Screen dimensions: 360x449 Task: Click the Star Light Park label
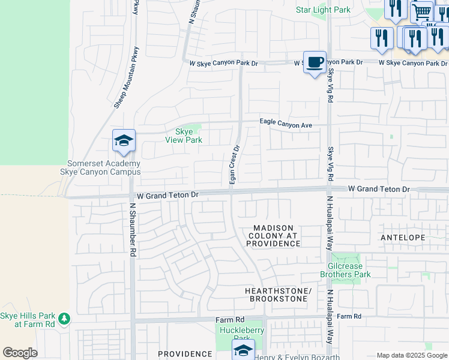pos(323,10)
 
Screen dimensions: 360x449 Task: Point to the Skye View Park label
pos(184,136)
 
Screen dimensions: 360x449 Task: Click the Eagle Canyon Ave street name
pos(286,123)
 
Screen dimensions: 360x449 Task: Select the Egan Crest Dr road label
pos(235,164)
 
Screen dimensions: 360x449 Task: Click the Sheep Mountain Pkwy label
pos(127,78)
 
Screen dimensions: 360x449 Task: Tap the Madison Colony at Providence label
pos(273,236)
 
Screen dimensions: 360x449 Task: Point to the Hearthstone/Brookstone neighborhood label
pos(279,295)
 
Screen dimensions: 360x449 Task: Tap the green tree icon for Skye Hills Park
pos(63,318)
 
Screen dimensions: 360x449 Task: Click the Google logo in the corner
pos(20,353)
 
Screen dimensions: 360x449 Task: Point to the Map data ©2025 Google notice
pos(412,355)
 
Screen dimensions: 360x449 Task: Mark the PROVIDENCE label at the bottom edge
pos(185,354)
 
